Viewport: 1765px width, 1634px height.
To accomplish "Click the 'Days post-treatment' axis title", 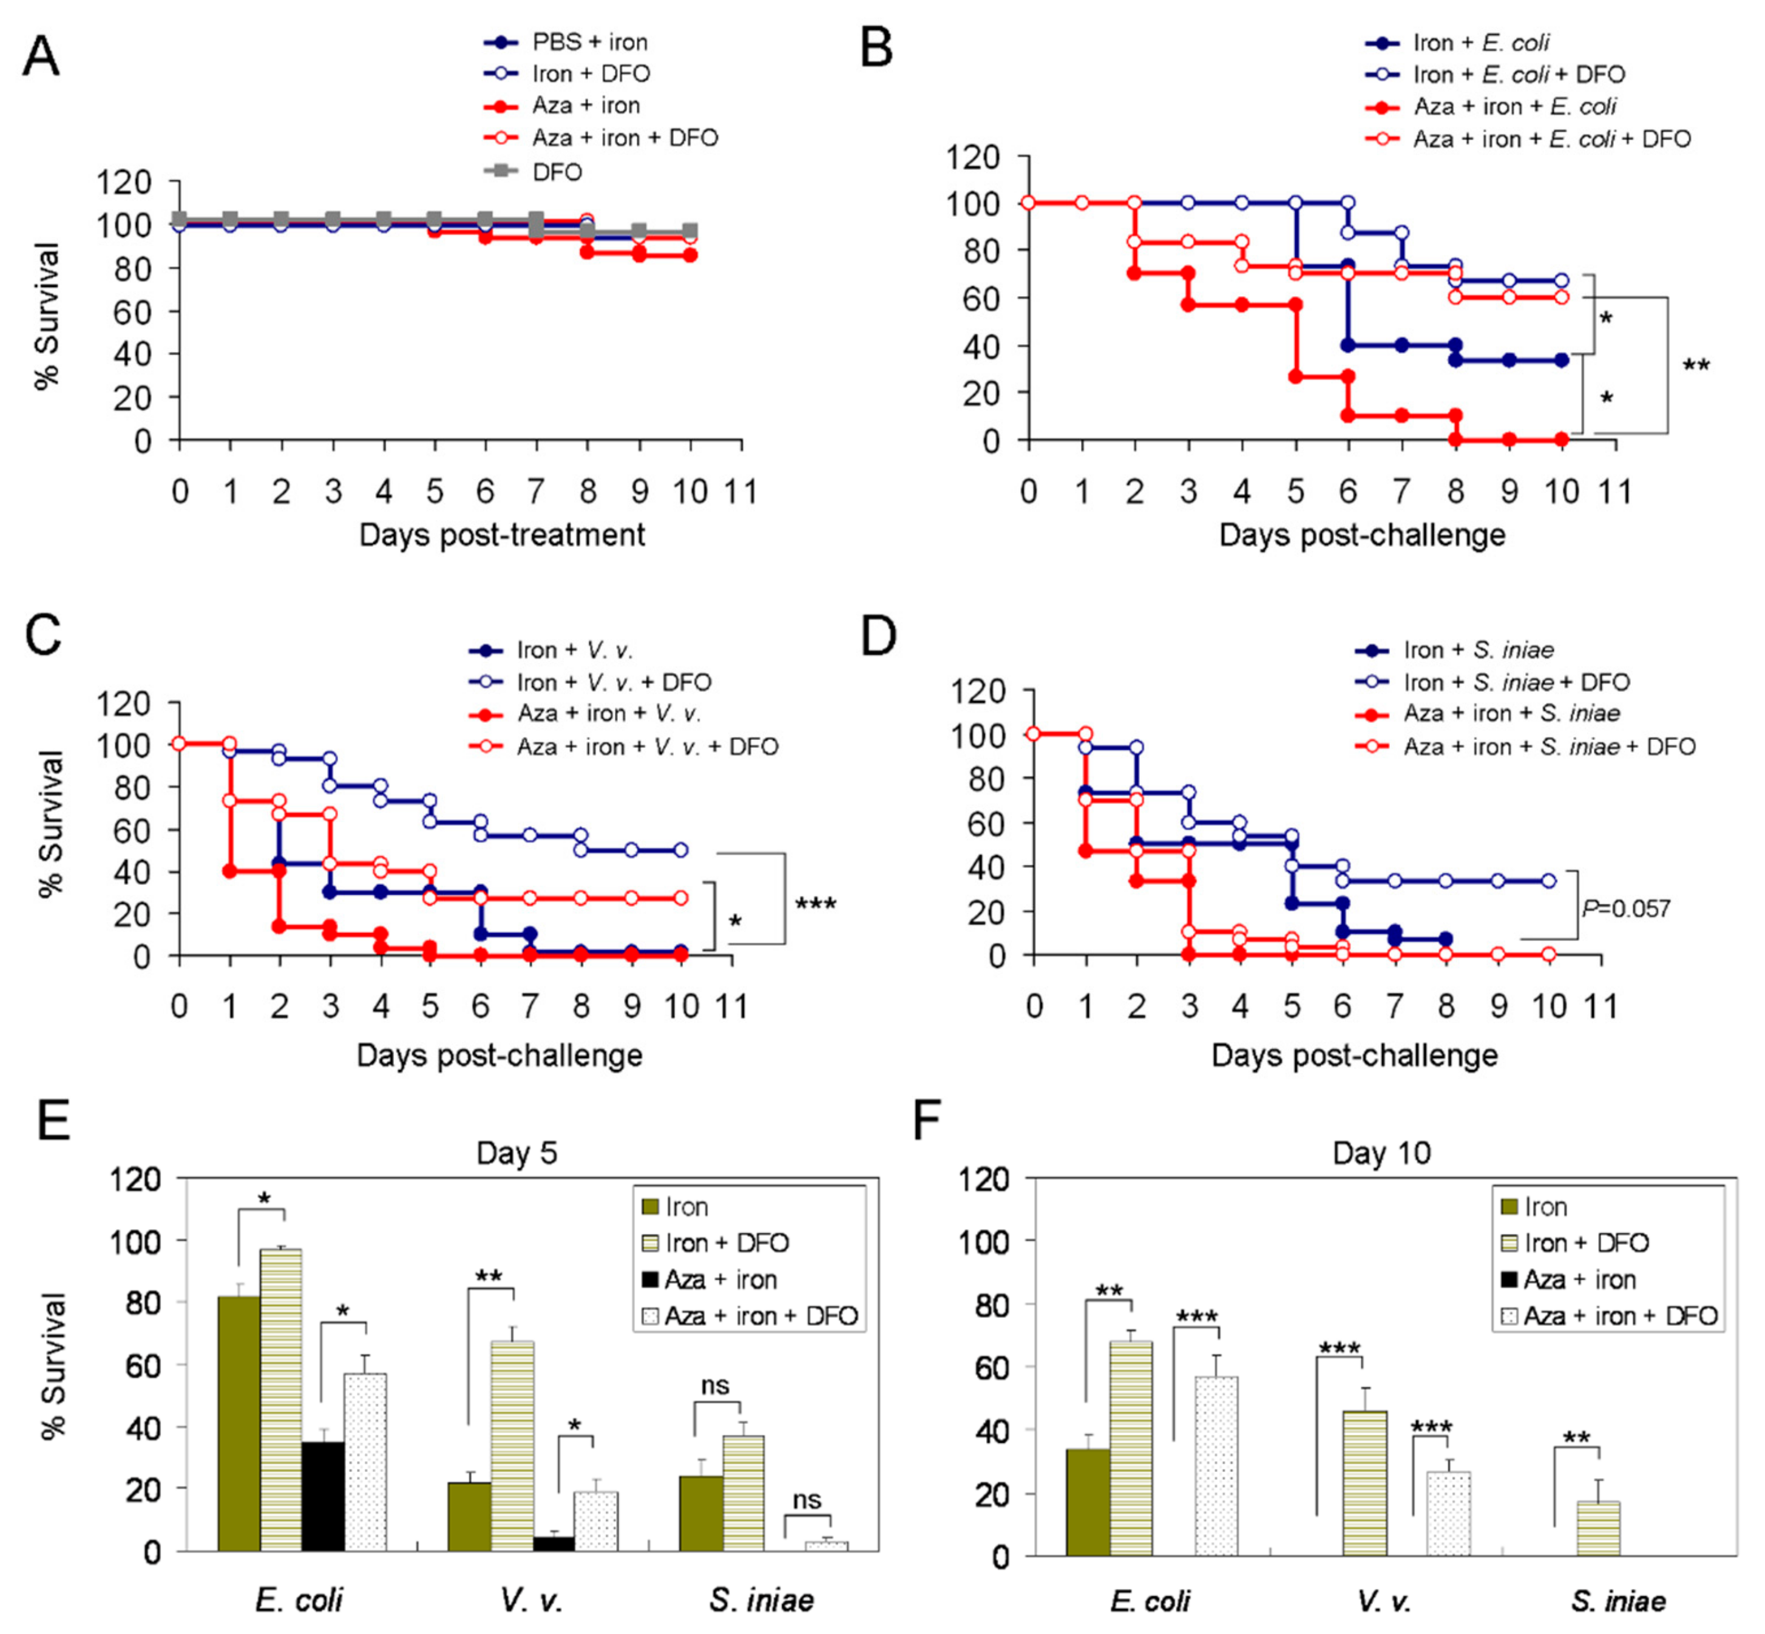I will [x=501, y=535].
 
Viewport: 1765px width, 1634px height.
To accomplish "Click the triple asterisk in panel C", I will [x=815, y=904].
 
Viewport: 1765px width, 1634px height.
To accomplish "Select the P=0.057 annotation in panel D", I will [x=1625, y=908].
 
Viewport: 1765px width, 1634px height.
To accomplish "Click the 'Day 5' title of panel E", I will [x=517, y=1153].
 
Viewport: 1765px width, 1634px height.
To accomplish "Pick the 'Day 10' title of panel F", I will [x=1381, y=1153].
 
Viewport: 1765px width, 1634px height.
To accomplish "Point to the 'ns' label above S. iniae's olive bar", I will [x=716, y=1386].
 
